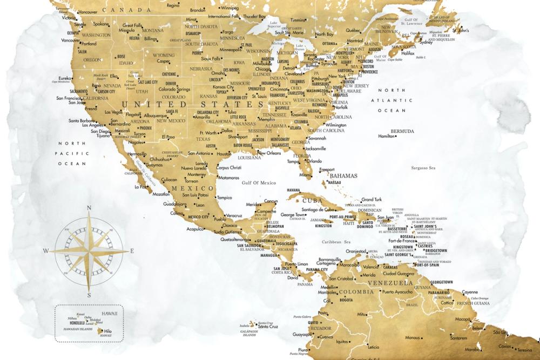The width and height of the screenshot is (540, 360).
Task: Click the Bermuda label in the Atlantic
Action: point(402,131)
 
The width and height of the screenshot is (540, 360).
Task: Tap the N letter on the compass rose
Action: point(89,208)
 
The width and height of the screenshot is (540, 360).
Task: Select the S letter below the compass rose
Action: point(89,295)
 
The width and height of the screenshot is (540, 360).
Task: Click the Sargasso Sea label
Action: point(424,168)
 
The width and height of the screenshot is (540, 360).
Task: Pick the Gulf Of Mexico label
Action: point(259,183)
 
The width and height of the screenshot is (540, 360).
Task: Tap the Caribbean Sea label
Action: point(336,242)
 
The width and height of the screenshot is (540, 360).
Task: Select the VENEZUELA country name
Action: point(390,283)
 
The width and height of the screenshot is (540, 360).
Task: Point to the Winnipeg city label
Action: point(230,9)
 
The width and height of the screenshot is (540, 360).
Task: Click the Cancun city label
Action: point(271,201)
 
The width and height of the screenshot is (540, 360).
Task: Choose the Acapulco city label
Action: point(195,229)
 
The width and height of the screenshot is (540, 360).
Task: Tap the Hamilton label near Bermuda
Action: point(386,137)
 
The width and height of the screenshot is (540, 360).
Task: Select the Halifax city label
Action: point(408,53)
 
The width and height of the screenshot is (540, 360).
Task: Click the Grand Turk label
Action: point(371,199)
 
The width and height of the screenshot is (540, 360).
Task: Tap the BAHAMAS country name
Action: point(343,176)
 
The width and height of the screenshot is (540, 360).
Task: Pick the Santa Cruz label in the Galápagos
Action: point(268,327)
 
